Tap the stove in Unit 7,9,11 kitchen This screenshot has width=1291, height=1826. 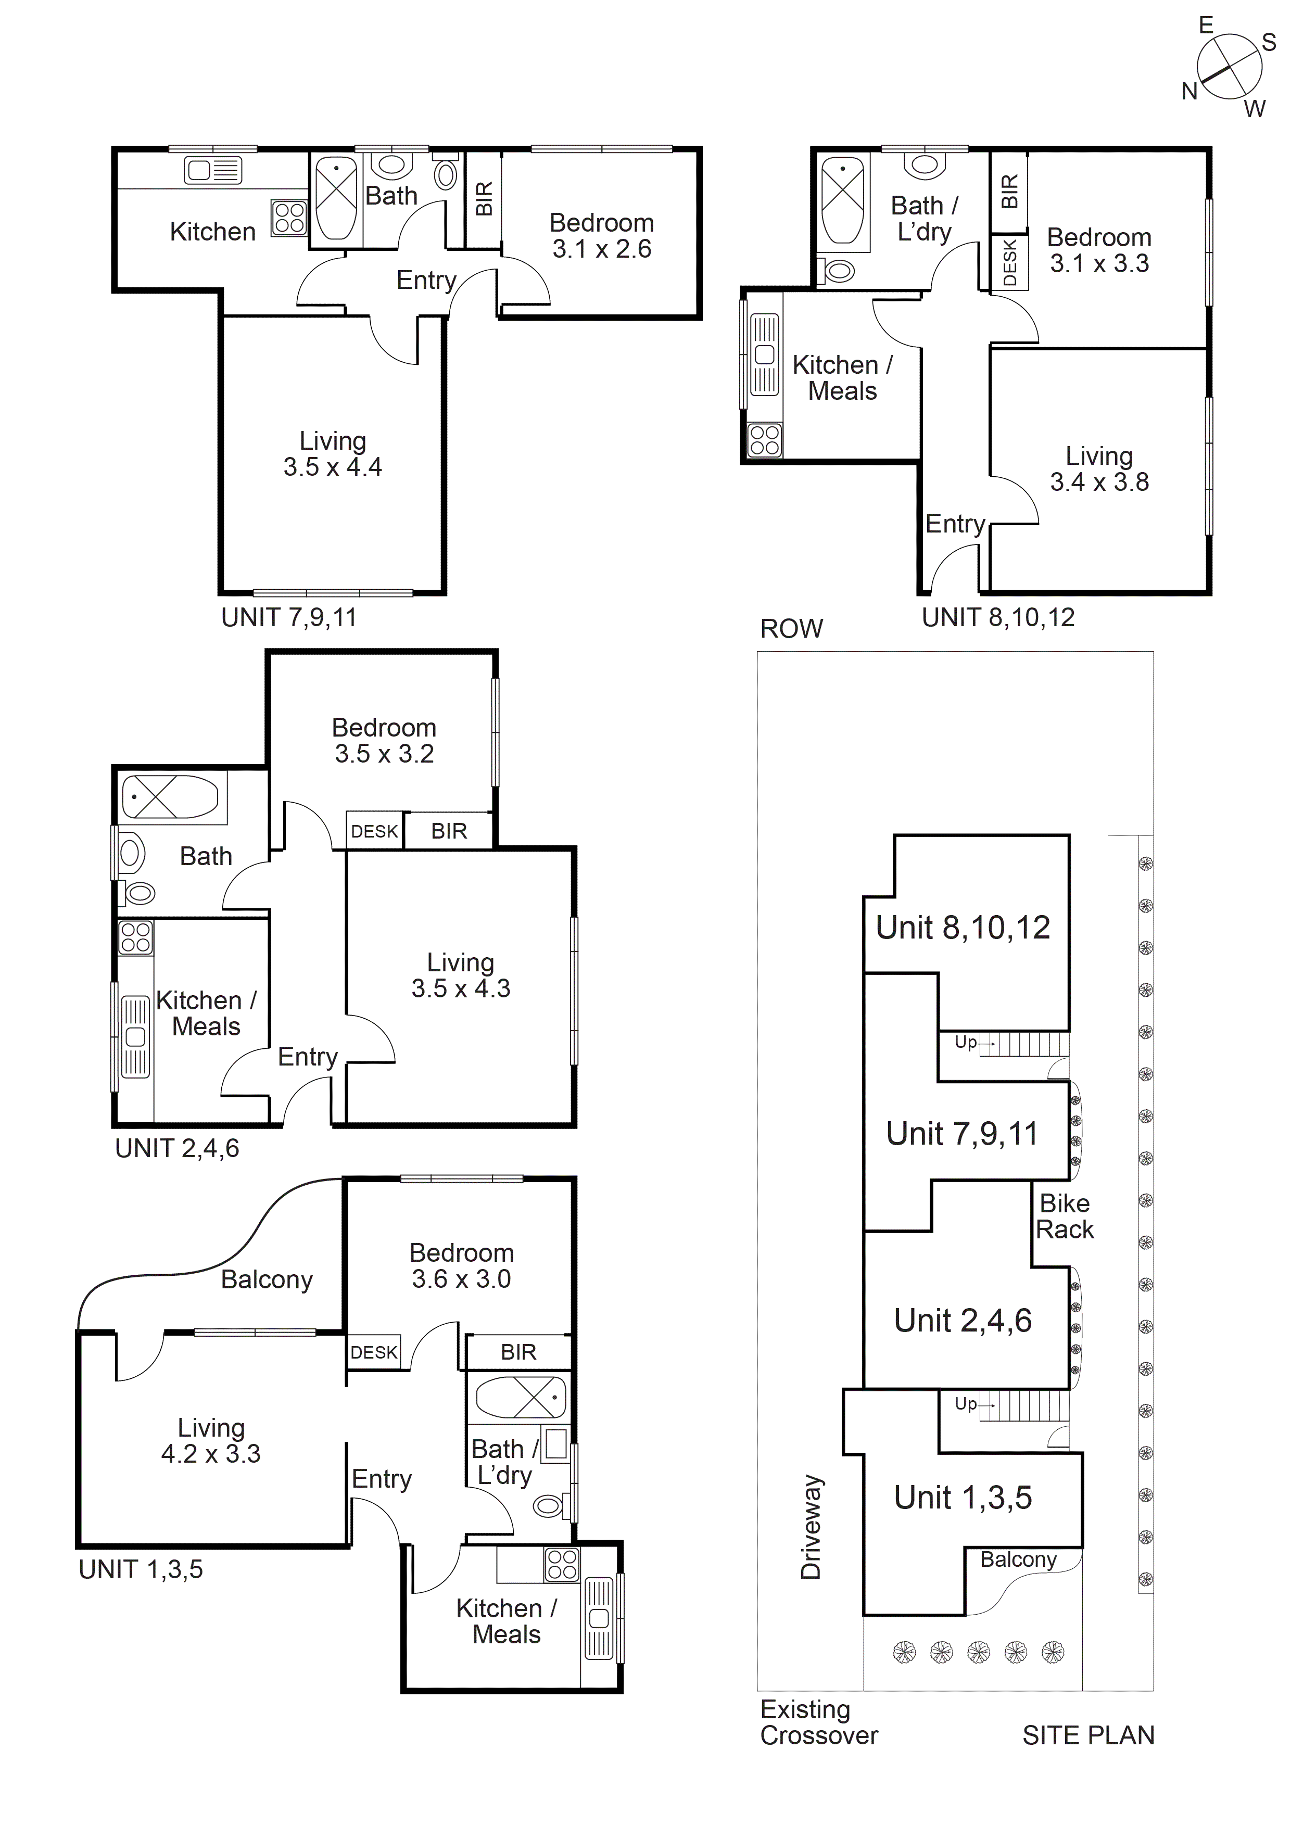click(289, 217)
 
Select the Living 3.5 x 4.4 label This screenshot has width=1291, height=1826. click(333, 454)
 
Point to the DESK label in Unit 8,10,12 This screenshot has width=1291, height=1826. click(1009, 263)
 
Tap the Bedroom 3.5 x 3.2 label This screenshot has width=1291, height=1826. click(384, 740)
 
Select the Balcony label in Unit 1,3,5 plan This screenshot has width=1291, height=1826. click(267, 1279)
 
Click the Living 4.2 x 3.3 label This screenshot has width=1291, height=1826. click(211, 1440)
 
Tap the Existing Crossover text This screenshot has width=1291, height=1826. click(818, 1722)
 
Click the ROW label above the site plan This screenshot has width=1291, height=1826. click(791, 629)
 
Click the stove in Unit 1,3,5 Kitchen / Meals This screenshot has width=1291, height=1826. click(562, 1564)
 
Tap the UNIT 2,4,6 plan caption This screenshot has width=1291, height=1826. click(176, 1148)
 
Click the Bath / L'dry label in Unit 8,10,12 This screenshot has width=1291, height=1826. click(925, 219)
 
